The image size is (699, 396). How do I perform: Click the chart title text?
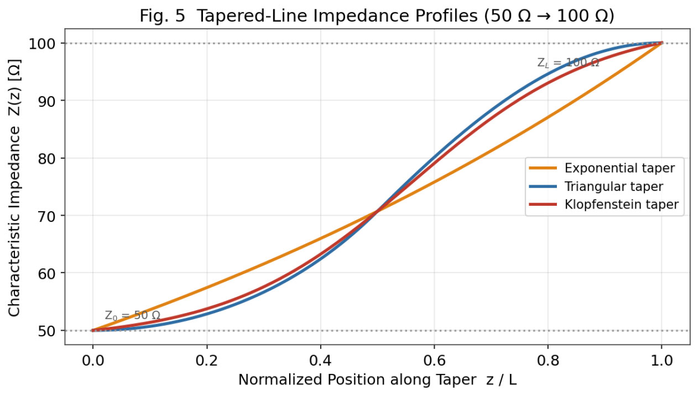[x=377, y=15]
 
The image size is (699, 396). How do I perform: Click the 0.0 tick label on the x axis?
[x=93, y=361]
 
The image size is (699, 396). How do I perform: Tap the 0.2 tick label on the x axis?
[x=207, y=361]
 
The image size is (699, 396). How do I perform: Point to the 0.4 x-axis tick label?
[x=320, y=361]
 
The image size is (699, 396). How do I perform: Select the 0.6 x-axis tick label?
[x=434, y=361]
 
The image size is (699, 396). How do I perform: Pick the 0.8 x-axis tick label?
[x=547, y=361]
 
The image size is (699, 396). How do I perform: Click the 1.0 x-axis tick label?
[x=661, y=361]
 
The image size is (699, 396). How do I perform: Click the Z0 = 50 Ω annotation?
[x=133, y=315]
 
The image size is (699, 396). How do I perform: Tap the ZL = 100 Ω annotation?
[x=568, y=62]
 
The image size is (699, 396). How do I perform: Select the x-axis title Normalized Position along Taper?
[x=357, y=380]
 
